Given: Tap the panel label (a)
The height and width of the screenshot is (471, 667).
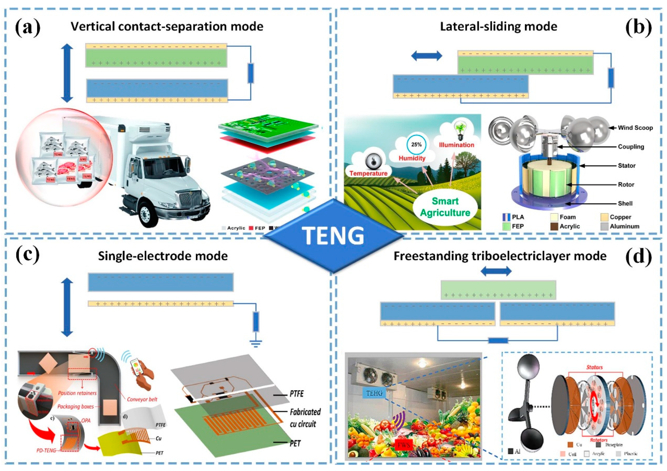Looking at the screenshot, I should [x=28, y=27].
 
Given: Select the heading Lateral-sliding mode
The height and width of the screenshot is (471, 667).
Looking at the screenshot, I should [x=498, y=26].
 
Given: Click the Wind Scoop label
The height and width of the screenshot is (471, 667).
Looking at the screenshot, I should [x=635, y=128].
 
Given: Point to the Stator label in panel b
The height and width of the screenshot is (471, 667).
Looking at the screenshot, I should [x=626, y=166].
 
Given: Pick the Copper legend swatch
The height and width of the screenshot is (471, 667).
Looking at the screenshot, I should [x=604, y=217].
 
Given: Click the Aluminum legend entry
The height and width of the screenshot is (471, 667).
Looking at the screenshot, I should [x=624, y=226].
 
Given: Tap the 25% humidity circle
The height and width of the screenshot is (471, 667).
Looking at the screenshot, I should [x=416, y=144].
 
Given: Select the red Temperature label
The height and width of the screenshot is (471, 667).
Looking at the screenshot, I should [x=368, y=173].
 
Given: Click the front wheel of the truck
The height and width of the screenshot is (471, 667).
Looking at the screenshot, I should [x=147, y=214].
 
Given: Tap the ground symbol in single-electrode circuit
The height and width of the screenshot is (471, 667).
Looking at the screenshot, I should [x=256, y=345].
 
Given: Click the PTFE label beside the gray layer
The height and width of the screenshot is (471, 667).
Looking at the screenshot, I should [x=296, y=394].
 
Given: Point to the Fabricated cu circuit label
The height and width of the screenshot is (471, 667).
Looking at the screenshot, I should [x=305, y=418].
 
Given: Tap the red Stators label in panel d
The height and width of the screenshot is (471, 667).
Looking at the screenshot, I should [x=594, y=367].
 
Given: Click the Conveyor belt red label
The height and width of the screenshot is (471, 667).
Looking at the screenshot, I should [x=142, y=399].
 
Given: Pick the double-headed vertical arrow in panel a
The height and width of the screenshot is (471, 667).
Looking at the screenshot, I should [x=67, y=73].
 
